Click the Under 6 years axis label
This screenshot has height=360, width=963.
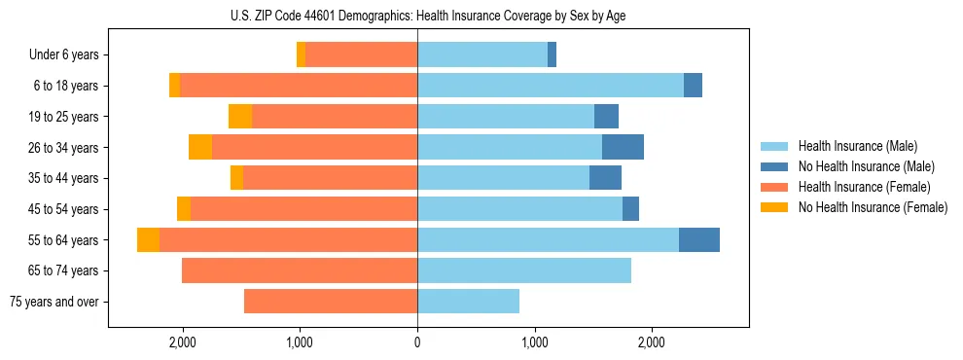click(x=63, y=54)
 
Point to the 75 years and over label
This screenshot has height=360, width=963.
click(x=53, y=302)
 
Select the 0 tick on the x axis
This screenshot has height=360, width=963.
click(x=417, y=342)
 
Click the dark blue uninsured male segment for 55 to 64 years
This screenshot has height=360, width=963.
click(x=698, y=239)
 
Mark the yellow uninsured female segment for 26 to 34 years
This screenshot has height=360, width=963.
click(x=200, y=147)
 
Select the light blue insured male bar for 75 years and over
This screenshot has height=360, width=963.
click(x=468, y=302)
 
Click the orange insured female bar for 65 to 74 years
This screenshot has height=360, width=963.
click(x=300, y=270)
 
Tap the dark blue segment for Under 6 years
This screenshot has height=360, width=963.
click(x=552, y=54)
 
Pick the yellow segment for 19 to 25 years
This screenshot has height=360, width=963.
click(x=240, y=117)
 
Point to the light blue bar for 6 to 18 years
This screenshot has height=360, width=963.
click(x=551, y=86)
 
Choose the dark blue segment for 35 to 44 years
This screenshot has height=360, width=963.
click(x=605, y=178)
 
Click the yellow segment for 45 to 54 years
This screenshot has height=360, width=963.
click(x=184, y=209)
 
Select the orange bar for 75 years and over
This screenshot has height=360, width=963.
click(x=331, y=302)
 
